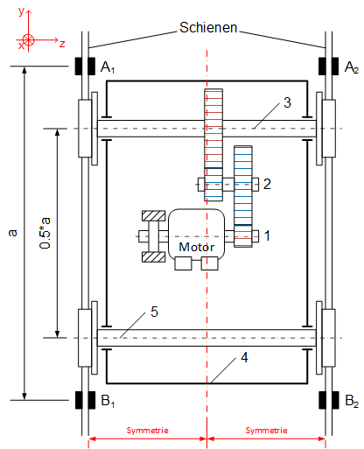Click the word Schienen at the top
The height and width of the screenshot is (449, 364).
208,27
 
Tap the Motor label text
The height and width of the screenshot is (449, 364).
197,247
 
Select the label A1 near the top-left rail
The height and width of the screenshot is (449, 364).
108,67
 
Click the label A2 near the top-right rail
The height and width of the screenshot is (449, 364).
352,67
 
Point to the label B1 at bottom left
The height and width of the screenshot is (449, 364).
108,401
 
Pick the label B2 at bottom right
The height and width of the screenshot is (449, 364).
352,401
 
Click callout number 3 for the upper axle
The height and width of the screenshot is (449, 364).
287,102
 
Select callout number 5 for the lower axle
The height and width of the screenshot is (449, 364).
154,312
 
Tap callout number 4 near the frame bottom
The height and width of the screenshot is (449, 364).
244,357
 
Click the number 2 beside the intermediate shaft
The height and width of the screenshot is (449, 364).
267,184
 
